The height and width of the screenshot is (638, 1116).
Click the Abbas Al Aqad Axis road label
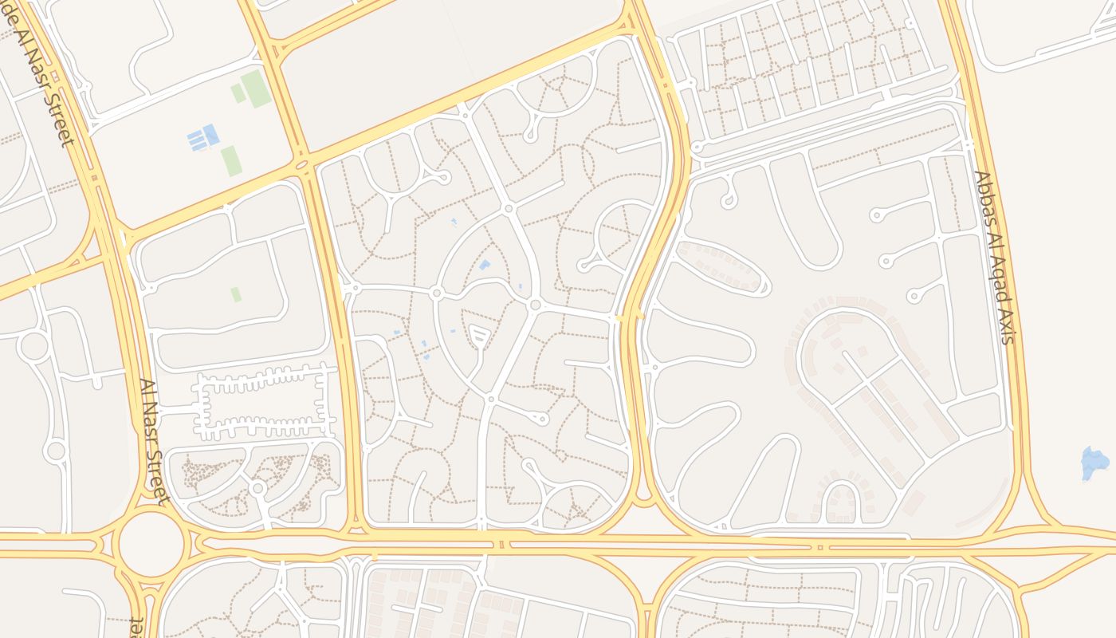[x=993, y=258]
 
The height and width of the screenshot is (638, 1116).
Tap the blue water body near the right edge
[x=1094, y=463]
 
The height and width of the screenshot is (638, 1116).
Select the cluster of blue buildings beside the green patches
[x=203, y=138]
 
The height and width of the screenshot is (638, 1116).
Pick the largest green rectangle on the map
[x=257, y=88]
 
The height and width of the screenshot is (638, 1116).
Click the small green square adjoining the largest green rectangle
[x=238, y=93]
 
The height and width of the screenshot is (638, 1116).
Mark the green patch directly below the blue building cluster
[x=230, y=160]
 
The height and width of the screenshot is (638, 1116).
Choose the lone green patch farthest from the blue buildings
[x=236, y=294]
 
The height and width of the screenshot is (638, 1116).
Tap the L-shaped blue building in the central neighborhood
[x=484, y=266]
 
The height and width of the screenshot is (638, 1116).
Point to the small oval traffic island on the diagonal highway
[x=301, y=165]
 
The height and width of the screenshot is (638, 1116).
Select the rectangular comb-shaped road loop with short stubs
[x=261, y=403]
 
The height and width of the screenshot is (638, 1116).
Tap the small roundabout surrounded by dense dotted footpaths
[x=257, y=486]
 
